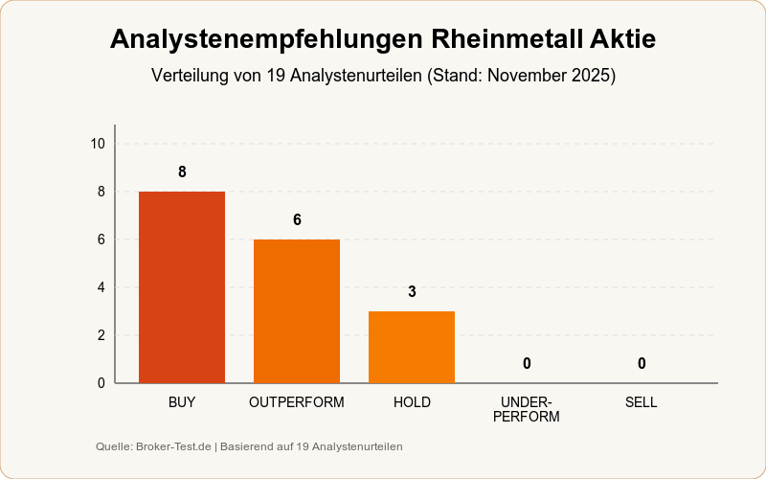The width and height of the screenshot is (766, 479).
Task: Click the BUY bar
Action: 182,287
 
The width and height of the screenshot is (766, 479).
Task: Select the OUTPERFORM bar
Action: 297,311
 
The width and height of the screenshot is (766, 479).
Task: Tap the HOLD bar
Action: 412,347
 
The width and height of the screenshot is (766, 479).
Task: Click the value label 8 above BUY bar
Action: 182,172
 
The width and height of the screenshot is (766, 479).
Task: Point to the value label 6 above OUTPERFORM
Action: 297,220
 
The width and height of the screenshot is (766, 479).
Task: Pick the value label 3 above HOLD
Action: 412,292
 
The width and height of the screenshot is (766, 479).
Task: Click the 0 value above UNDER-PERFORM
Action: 527,364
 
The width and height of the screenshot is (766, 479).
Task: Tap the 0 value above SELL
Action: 642,364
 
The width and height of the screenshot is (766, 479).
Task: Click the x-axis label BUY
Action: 182,402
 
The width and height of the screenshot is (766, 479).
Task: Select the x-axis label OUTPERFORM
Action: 297,402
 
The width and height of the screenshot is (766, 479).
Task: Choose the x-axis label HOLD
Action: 412,402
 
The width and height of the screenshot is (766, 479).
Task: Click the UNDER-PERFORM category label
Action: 527,409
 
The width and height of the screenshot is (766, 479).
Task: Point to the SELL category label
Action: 642,402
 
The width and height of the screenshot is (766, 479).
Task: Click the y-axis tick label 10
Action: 98,144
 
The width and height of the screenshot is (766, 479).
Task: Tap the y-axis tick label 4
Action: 101,287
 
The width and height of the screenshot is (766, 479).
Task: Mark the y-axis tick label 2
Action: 101,335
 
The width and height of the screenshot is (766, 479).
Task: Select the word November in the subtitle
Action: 526,75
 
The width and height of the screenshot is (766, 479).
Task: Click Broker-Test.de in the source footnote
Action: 173,446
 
